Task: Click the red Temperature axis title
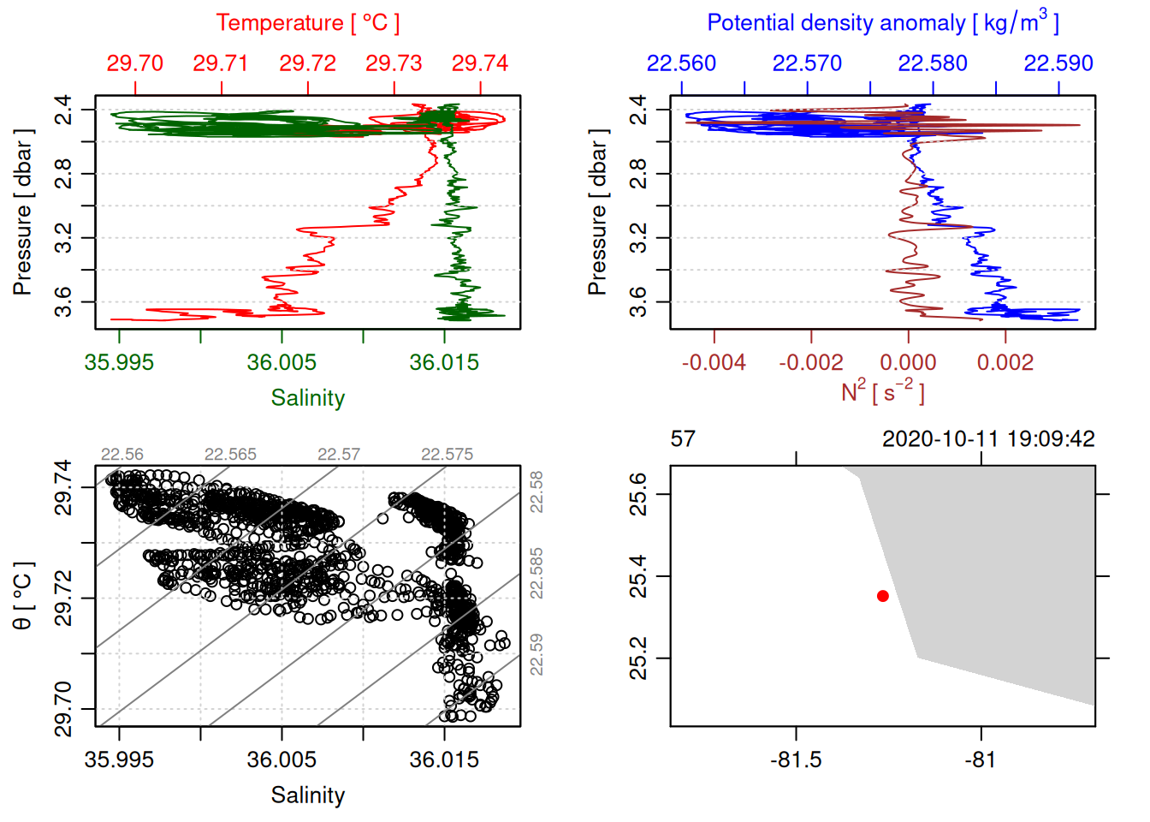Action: pyautogui.click(x=307, y=23)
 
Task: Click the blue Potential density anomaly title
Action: pyautogui.click(x=882, y=23)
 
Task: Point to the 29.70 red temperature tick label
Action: pyautogui.click(x=135, y=63)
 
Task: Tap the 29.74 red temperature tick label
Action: pyautogui.click(x=480, y=63)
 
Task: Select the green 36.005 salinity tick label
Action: pyautogui.click(x=282, y=362)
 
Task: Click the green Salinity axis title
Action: pyautogui.click(x=307, y=398)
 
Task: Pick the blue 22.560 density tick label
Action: pyautogui.click(x=681, y=63)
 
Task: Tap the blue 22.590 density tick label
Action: pyautogui.click(x=1058, y=63)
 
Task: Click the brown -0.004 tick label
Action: pyautogui.click(x=714, y=362)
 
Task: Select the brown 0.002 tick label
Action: pyautogui.click(x=1005, y=362)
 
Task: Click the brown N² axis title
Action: pyautogui.click(x=882, y=391)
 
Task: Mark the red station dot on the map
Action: pyautogui.click(x=883, y=596)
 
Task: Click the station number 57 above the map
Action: pyautogui.click(x=683, y=439)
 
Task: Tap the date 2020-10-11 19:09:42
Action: pyautogui.click(x=988, y=439)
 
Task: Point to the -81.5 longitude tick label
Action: pyautogui.click(x=796, y=759)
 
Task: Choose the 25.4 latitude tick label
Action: pyautogui.click(x=638, y=576)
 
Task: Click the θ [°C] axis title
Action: pyautogui.click(x=23, y=597)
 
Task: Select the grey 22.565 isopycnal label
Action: pyautogui.click(x=230, y=455)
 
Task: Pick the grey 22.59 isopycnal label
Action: pyautogui.click(x=536, y=654)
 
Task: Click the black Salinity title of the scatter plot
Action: pyautogui.click(x=307, y=795)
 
